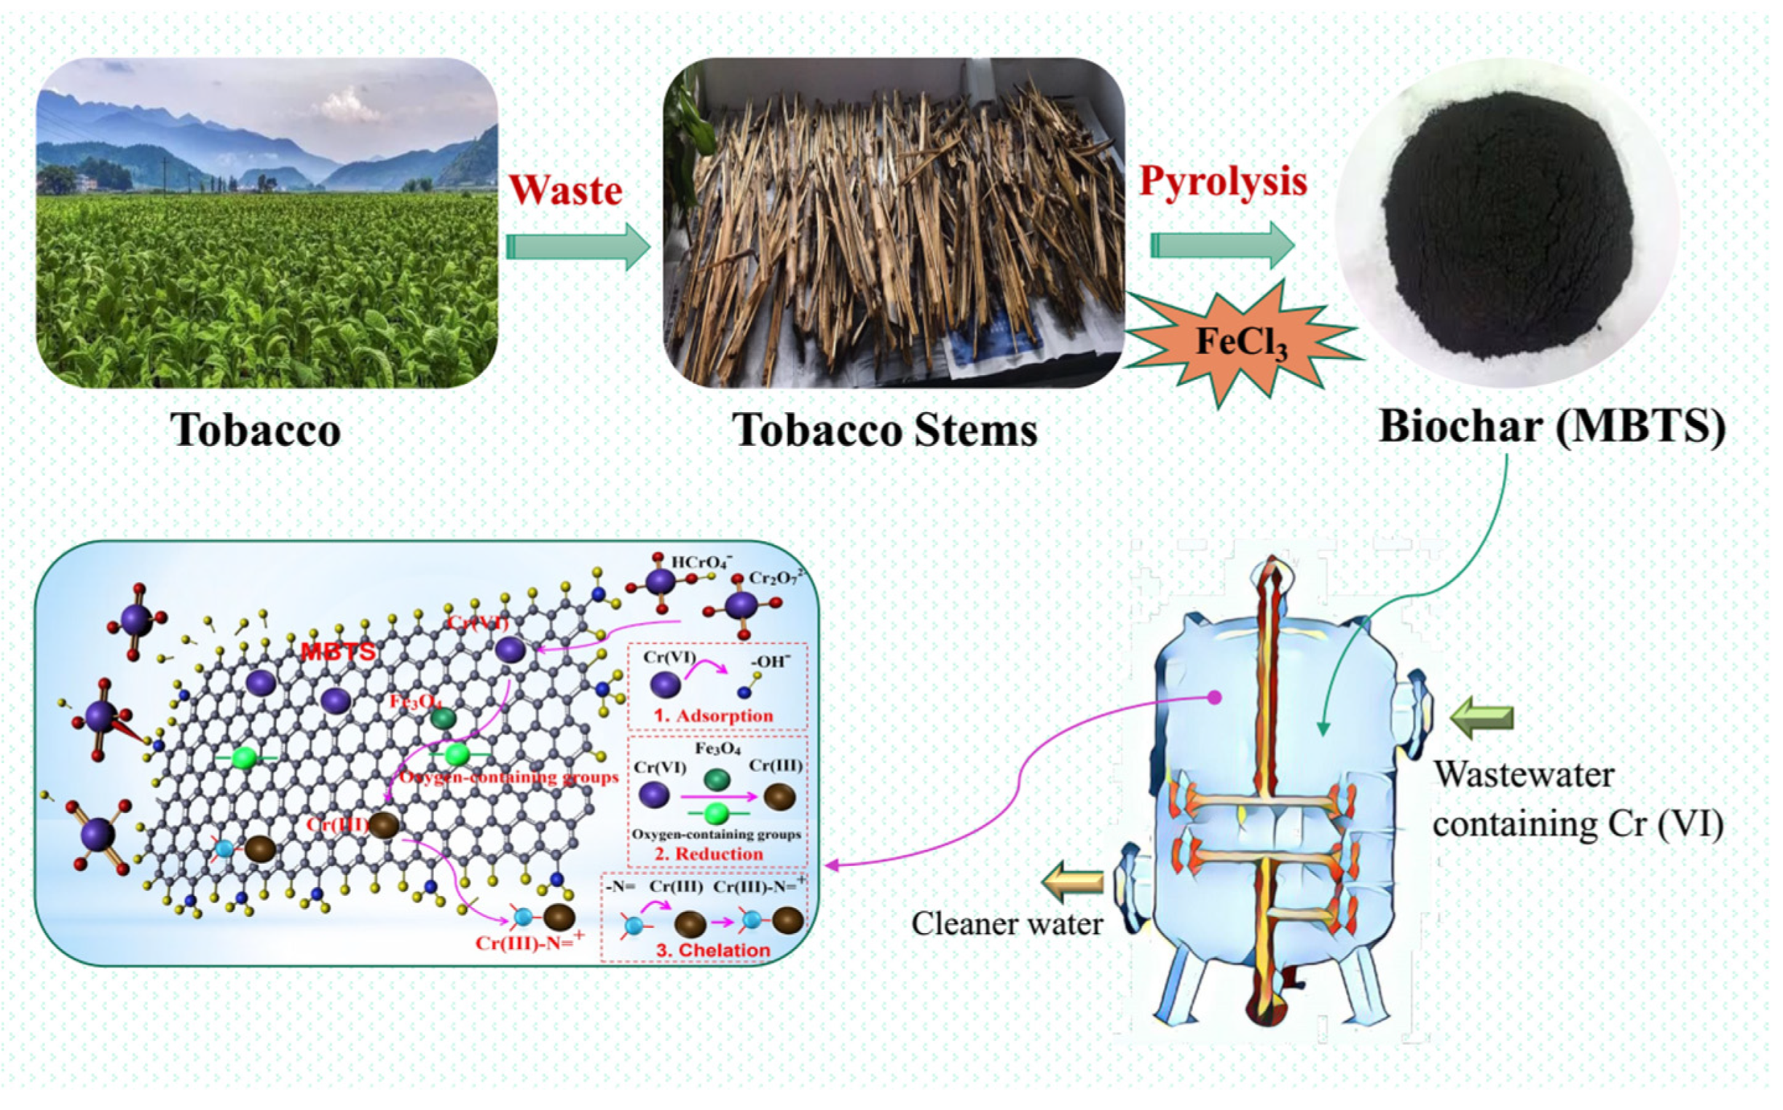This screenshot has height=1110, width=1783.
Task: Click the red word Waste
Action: (x=565, y=191)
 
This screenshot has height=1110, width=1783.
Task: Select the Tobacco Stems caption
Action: (x=885, y=430)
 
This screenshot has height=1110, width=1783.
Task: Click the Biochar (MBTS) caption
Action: (x=1552, y=426)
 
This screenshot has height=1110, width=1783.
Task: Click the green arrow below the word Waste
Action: (x=578, y=247)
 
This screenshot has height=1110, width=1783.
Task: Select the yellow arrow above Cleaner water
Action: (x=1074, y=883)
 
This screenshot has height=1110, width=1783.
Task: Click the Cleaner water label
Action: (x=1007, y=924)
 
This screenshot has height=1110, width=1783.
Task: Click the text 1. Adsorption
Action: (x=714, y=716)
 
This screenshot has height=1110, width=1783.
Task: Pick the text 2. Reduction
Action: (x=709, y=854)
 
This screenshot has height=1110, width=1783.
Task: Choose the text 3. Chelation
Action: (x=713, y=950)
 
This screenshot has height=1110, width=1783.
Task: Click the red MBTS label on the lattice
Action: (x=339, y=651)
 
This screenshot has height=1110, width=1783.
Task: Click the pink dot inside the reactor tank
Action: (x=1215, y=698)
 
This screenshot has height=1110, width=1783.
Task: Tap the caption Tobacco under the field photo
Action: (x=256, y=430)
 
